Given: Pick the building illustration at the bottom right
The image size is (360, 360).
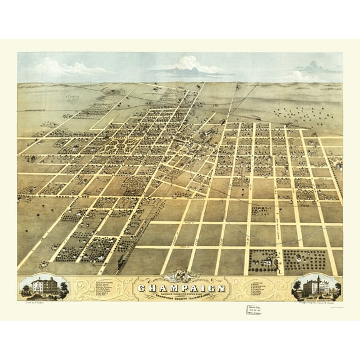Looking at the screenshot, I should pyautogui.click(x=315, y=287).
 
